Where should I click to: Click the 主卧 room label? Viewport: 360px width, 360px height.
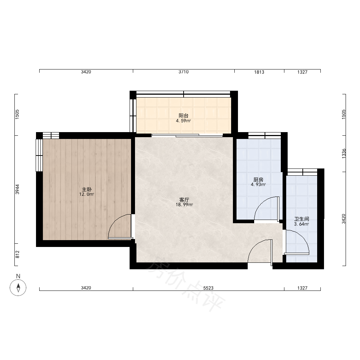coord(87,189)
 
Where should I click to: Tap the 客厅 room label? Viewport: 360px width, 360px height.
coord(184,200)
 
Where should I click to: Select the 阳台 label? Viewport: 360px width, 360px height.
coord(184,116)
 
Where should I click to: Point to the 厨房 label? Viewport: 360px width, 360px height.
coord(258,180)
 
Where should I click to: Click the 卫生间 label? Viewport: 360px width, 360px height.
coord(301,219)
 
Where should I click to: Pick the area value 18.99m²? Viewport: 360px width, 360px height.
coord(184,205)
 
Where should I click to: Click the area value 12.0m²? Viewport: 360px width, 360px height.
coord(87,194)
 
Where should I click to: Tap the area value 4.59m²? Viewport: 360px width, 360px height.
coord(184,121)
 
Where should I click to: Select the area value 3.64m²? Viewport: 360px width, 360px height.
coord(301,224)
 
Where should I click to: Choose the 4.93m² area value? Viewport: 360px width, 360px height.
coord(258,185)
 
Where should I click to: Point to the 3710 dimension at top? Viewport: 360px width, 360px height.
coord(184,72)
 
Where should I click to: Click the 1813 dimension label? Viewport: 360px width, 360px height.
coord(259,72)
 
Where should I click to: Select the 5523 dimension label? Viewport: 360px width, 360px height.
coord(208,288)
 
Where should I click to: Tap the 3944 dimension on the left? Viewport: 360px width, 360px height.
coord(17,189)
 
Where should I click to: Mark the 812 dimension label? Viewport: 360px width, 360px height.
coord(17,255)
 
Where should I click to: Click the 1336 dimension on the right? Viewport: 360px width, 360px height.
coord(344,153)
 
